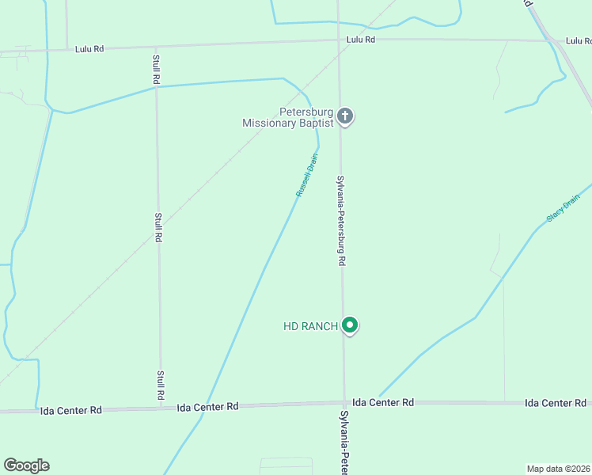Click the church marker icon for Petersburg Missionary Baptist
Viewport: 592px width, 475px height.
click(344, 116)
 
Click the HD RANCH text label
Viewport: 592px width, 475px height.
click(311, 326)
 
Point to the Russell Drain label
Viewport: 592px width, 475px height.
click(306, 175)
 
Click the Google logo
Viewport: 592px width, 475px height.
click(26, 465)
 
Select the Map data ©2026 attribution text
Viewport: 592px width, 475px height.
click(558, 468)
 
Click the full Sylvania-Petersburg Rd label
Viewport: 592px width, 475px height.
click(342, 221)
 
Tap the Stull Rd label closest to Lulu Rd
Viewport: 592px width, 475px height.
click(156, 69)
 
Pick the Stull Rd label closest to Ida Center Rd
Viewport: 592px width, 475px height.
click(161, 385)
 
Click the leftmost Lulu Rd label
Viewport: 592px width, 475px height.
click(89, 48)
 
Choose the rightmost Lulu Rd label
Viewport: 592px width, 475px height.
click(579, 40)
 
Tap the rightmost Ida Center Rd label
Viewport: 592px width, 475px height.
click(556, 403)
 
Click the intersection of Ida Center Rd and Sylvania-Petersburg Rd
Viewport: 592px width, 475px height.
click(343, 404)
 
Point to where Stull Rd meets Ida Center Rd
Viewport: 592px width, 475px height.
click(161, 408)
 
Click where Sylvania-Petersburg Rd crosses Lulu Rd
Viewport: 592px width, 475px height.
click(339, 40)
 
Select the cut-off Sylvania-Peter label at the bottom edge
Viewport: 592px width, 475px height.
click(344, 443)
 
